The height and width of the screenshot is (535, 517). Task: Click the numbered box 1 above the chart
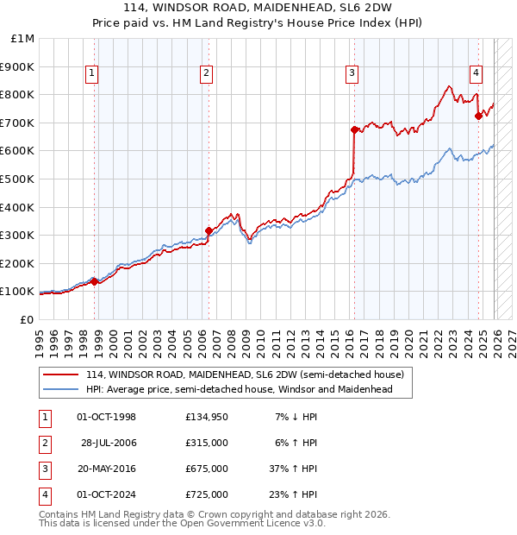pos(92,74)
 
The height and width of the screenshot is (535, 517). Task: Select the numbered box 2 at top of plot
pos(207,74)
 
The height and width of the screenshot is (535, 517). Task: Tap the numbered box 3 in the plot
pos(352,74)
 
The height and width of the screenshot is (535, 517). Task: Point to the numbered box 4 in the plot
pos(476,74)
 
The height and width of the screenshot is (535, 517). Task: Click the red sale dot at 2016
pos(354,129)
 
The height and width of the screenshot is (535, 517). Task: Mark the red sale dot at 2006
pos(209,230)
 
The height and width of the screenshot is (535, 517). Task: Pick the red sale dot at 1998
pos(94,281)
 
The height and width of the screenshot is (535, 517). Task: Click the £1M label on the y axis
pos(22,39)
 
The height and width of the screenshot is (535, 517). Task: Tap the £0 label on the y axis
pos(26,319)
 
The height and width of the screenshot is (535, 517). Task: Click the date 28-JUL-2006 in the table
pos(109,443)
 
